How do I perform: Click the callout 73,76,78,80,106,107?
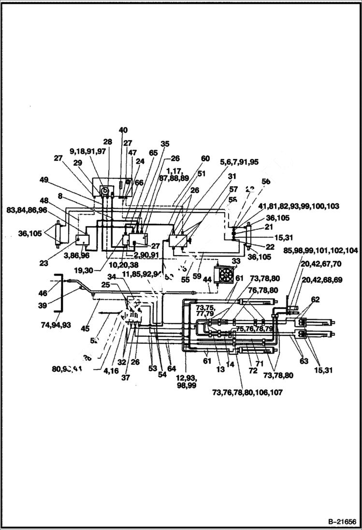[x=247, y=392]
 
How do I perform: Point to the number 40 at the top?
[x=123, y=130]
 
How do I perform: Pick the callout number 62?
[x=315, y=300]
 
